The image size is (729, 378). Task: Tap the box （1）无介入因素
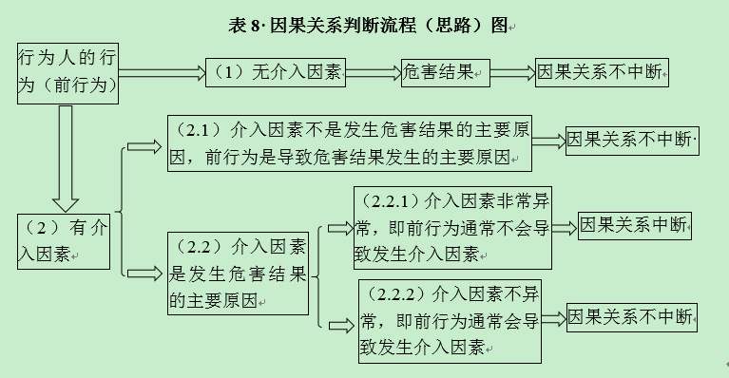click(275, 72)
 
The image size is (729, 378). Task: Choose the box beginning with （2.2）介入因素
click(239, 274)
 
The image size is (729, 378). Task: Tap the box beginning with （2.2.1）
click(451, 228)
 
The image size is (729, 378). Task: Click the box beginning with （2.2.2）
click(450, 320)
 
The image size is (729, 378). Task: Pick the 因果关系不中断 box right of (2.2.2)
click(632, 317)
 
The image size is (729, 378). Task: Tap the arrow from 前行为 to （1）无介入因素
click(162, 71)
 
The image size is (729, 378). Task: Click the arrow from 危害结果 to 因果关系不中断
click(512, 72)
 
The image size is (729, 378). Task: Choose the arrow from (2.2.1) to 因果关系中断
click(564, 227)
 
